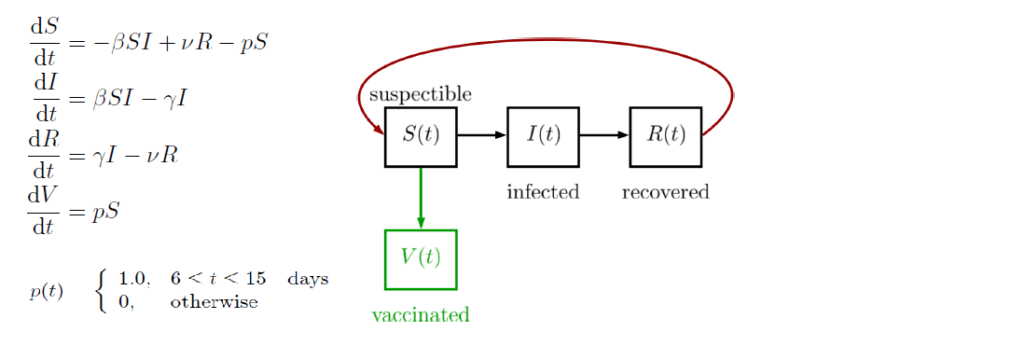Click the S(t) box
click(421, 136)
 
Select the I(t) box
click(543, 136)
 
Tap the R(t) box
click(665, 136)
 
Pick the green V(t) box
click(421, 258)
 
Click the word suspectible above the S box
click(420, 94)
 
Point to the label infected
click(543, 192)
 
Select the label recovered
click(665, 192)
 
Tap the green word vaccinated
click(420, 315)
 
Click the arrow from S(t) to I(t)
click(481, 135)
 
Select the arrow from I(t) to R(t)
click(603, 135)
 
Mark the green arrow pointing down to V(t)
click(421, 198)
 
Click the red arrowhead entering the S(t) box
click(378, 130)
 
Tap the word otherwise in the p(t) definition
click(214, 303)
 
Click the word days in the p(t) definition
click(308, 279)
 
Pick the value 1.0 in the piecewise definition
click(133, 279)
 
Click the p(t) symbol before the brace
click(47, 291)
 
